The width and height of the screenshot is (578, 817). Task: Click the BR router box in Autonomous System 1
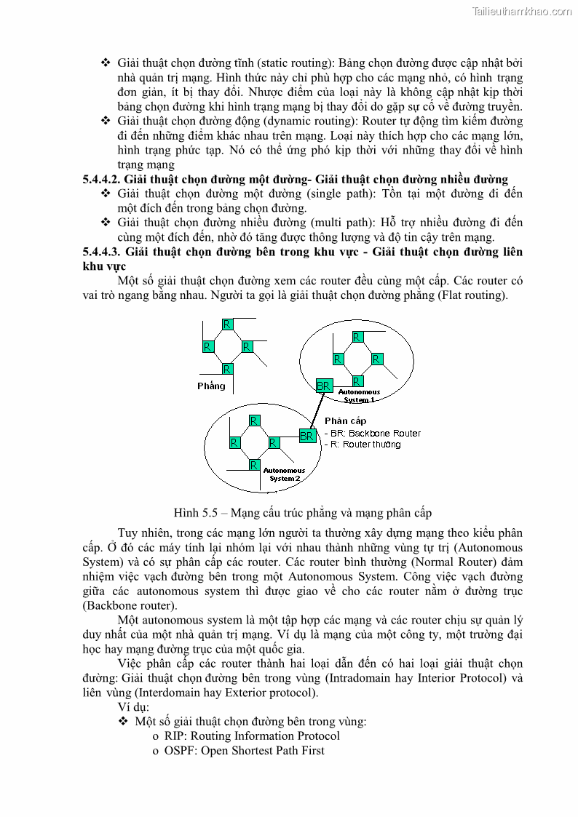324,385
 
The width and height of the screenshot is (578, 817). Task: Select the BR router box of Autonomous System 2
307,436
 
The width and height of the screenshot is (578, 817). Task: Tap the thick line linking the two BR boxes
315,411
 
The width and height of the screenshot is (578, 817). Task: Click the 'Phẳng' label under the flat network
211,386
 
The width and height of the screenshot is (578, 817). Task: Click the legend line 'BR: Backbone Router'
373,433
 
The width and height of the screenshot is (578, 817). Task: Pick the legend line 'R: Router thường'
363,444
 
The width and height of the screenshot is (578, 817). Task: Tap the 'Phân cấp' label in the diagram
345,421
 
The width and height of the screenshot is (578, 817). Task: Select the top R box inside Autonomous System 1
357,337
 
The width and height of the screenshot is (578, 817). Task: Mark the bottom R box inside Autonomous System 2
253,464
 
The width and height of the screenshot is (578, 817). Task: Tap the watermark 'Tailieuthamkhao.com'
522,11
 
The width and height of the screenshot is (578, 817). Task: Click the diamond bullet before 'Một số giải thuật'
123,721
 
